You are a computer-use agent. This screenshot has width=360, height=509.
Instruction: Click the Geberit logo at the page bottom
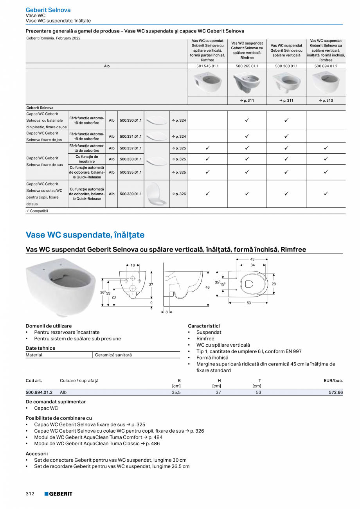click(x=58, y=494)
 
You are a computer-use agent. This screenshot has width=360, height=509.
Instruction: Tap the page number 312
click(x=30, y=494)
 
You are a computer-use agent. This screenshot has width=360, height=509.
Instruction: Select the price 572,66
click(x=336, y=392)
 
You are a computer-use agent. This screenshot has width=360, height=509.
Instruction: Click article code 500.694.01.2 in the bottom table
click(x=39, y=392)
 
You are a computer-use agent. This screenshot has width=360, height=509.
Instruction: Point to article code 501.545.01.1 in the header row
click(x=207, y=66)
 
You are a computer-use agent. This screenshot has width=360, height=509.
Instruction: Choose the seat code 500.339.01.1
click(x=131, y=194)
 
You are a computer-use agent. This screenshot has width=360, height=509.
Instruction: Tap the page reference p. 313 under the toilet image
click(x=326, y=101)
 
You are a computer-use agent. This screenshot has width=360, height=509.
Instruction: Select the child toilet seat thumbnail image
click(x=156, y=194)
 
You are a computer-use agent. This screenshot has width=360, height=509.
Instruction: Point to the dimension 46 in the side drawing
click(x=208, y=288)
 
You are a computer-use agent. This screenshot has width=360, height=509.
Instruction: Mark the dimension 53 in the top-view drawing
click(x=248, y=303)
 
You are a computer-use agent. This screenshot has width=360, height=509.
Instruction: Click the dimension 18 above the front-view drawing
click(x=133, y=265)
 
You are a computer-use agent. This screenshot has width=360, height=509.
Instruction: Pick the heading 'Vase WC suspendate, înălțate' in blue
click(x=85, y=235)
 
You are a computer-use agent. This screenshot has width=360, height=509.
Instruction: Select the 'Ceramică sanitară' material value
click(x=113, y=355)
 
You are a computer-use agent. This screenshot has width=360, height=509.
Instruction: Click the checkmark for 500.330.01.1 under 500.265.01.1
click(x=247, y=120)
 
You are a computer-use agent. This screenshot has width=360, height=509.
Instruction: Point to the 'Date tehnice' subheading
click(x=40, y=348)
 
